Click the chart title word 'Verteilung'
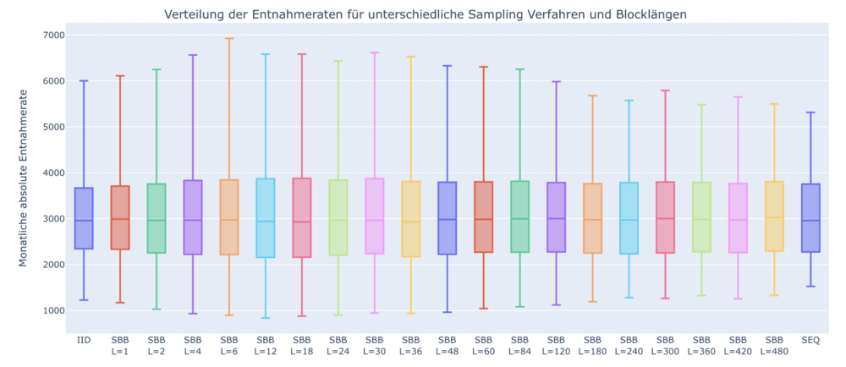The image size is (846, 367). pos(191,14)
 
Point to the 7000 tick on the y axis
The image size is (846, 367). pos(52,36)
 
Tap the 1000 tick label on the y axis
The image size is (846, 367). pos(52,310)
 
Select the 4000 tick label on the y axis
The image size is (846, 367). pos(52,173)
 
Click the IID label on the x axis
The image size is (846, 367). pos(84,340)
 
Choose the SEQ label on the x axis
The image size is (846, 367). pos(810,340)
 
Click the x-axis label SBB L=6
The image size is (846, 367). pos(229,345)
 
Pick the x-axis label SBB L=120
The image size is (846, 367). pos(556,345)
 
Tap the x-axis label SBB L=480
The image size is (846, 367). pos(774,345)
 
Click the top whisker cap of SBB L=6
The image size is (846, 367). pos(229,38)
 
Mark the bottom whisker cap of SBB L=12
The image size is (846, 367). pos(266,318)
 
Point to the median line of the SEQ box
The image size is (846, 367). pos(810,221)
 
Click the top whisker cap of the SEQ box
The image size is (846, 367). pos(810,112)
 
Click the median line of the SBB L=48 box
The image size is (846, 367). pos(448,220)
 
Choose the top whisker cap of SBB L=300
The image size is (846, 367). pos(665,90)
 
